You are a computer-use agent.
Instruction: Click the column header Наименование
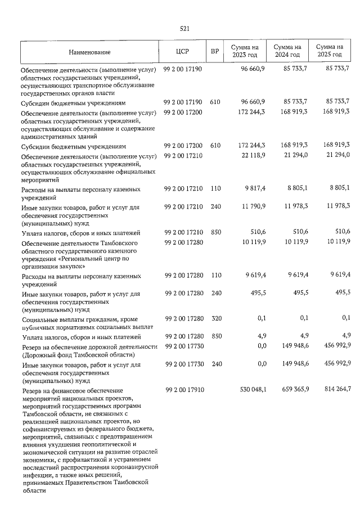pyautogui.click(x=89, y=52)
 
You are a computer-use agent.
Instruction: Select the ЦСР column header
pyautogui.click(x=182, y=52)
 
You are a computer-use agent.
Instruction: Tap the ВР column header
pyautogui.click(x=214, y=52)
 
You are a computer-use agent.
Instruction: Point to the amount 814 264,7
pyautogui.click(x=334, y=389)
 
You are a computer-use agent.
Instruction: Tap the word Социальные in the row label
pyautogui.click(x=41, y=319)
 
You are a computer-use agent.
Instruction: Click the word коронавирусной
pyautogui.click(x=132, y=467)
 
